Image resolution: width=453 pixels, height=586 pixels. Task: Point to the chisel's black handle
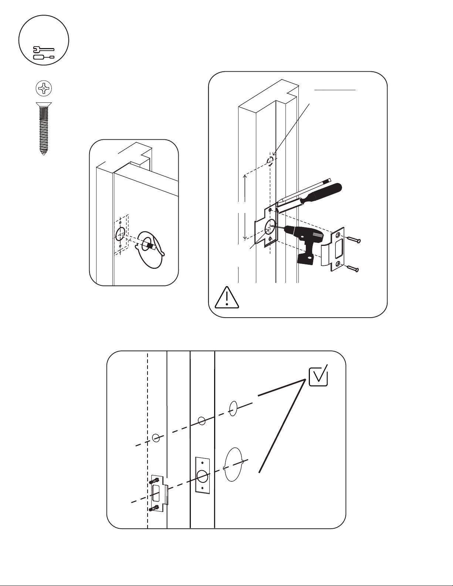coord(322,193)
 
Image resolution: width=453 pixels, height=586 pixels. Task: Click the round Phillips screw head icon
coord(44,88)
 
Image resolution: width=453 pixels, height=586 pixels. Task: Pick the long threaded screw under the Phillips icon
coord(43,128)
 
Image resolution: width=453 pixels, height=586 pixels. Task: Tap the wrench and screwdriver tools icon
coord(44,53)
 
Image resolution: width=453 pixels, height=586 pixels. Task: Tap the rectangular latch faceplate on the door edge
coord(202,475)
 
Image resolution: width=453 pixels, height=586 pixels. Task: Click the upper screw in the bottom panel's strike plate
coord(155,481)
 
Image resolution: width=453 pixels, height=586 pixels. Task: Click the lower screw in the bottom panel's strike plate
coord(155,508)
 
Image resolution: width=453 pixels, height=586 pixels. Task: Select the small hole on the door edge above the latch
coord(202,421)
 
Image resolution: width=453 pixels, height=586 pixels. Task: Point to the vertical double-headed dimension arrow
coord(245,207)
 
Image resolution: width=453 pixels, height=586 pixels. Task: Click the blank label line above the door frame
coord(335,90)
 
